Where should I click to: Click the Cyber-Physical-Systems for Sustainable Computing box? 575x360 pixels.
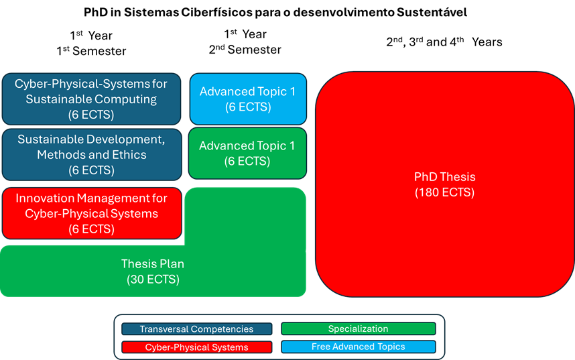point(91,99)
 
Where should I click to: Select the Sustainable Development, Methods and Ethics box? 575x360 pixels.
point(91,154)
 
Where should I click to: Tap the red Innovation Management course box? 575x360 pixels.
point(91,213)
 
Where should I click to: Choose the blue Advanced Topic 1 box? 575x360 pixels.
point(247,99)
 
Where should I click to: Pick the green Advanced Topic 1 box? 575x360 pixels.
point(247,154)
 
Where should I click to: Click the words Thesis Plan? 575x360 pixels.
point(153,263)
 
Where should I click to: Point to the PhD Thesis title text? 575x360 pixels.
point(444,177)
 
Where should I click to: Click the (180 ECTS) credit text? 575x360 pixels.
point(444,193)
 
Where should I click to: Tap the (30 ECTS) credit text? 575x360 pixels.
point(153,280)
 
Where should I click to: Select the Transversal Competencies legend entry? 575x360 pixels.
point(196,329)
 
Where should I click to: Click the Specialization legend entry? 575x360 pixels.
point(358,329)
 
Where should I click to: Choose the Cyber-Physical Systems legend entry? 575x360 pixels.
point(196,347)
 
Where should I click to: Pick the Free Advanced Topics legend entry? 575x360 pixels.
point(358,347)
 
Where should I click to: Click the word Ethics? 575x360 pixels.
point(129,155)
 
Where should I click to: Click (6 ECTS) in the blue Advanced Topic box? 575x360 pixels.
point(247,107)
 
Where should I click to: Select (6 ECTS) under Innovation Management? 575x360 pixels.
point(91,229)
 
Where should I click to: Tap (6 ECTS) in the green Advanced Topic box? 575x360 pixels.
point(247,162)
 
